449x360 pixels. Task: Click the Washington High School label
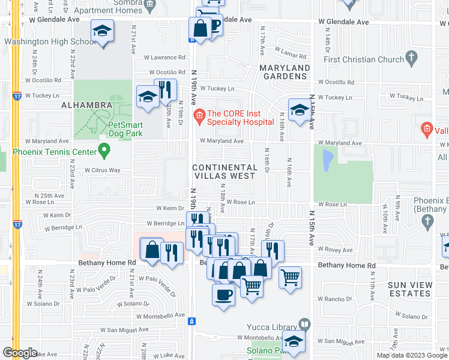tap(50, 42)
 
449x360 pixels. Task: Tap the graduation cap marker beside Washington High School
tap(103, 32)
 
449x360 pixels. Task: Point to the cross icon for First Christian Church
tap(411, 58)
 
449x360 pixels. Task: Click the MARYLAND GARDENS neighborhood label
tap(285, 72)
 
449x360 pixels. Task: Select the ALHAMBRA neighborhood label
tap(86, 105)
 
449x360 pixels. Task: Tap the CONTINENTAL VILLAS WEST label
tap(224, 172)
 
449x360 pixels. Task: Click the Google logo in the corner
tap(20, 353)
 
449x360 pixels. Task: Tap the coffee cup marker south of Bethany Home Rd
tap(224, 295)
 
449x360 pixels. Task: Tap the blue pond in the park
tap(327, 161)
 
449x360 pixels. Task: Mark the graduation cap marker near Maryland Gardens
tap(298, 109)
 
